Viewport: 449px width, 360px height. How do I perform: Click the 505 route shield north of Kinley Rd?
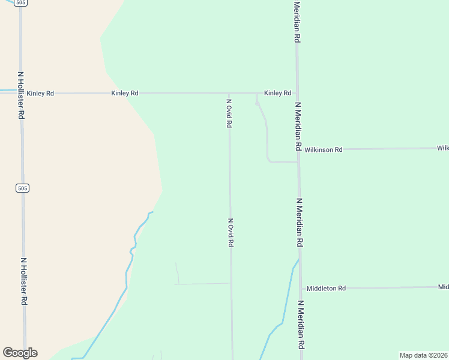(x=22, y=3)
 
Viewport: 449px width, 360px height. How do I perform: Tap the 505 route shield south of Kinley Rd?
(x=22, y=188)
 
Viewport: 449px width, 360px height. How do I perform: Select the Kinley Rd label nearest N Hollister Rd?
(x=40, y=93)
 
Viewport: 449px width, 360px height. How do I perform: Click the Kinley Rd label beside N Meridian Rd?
(x=278, y=93)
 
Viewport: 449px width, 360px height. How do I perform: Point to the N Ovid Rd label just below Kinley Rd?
(x=229, y=113)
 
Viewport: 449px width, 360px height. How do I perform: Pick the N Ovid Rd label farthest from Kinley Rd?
(x=231, y=232)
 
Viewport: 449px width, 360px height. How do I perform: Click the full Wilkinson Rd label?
(x=323, y=149)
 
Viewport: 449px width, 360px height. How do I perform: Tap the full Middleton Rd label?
(x=326, y=289)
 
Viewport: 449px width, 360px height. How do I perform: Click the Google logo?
(x=20, y=353)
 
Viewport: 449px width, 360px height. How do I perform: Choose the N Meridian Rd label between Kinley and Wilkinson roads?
(x=298, y=125)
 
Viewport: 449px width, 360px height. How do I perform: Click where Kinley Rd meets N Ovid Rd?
(x=229, y=93)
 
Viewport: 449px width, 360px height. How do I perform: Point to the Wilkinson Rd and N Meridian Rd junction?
(x=298, y=149)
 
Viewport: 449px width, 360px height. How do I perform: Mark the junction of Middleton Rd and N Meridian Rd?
(x=300, y=288)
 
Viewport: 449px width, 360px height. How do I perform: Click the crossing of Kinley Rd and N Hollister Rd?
(x=21, y=93)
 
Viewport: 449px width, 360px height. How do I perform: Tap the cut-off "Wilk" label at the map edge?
(x=443, y=148)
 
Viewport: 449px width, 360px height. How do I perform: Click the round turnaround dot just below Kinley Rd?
(x=258, y=104)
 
